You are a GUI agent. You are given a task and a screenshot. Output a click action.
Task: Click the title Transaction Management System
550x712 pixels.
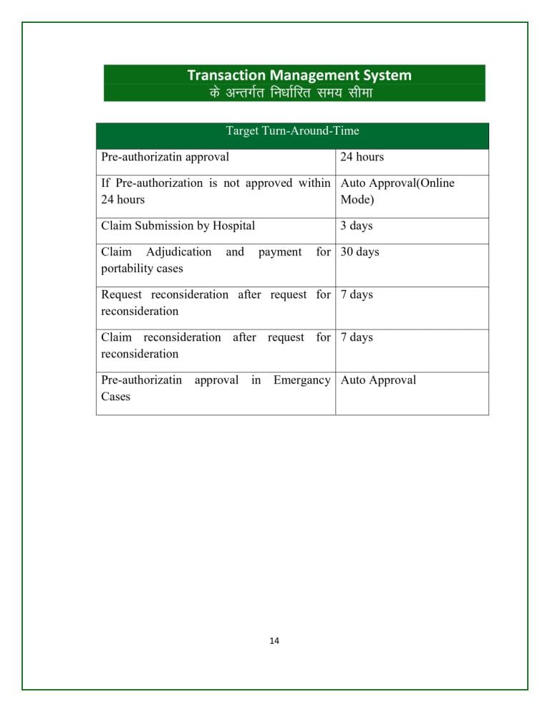click(299, 74)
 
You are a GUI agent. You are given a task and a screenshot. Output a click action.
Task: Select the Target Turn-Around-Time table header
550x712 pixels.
click(292, 131)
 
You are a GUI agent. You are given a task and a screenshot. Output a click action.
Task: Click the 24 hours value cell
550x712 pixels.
click(362, 157)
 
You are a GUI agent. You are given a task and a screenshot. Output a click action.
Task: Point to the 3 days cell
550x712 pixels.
click(357, 226)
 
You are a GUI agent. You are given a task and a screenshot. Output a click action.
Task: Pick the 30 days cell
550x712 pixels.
click(360, 252)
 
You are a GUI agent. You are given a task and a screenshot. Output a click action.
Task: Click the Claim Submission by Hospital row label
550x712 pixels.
click(178, 226)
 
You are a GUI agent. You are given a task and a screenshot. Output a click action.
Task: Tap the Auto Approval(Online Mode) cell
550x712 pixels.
click(397, 191)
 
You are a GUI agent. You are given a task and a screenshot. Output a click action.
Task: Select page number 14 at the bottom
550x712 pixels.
click(274, 640)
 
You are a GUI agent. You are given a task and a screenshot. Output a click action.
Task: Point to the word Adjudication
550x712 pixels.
click(178, 252)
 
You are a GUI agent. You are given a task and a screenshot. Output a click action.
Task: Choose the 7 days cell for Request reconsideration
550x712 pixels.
click(357, 294)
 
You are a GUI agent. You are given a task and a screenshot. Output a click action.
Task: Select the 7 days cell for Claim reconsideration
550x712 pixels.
click(357, 337)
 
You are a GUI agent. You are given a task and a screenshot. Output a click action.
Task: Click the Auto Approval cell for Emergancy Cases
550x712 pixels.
click(378, 380)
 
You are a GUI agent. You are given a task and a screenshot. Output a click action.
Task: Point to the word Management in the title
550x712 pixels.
click(309, 74)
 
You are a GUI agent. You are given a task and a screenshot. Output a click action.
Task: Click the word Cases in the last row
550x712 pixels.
click(115, 396)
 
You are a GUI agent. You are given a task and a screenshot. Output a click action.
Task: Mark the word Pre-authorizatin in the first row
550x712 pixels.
click(141, 157)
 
